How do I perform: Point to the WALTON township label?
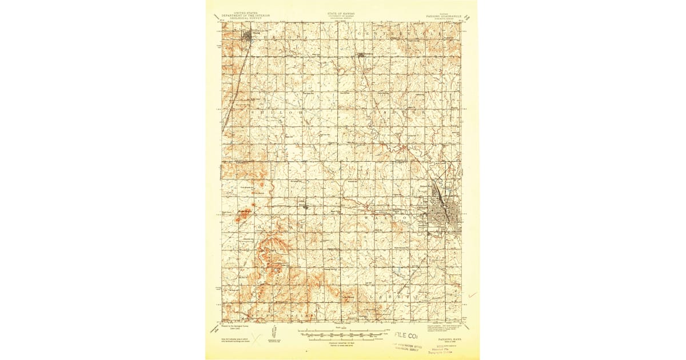click(x=394, y=217)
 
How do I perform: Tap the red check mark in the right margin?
click(x=472, y=295)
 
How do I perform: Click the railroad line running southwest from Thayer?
click(x=236, y=80)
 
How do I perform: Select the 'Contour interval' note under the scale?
click(x=342, y=342)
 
